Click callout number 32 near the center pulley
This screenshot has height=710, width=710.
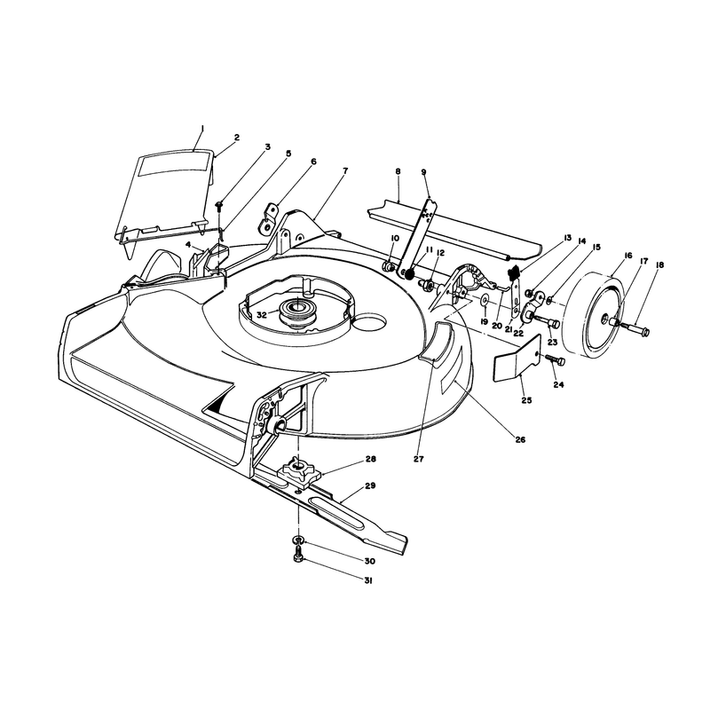262,315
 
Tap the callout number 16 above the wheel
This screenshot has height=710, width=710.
627,256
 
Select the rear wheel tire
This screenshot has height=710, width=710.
592,315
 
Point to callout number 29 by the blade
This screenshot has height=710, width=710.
370,485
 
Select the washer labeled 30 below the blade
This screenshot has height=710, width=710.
298,540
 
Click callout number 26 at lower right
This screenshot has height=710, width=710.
520,439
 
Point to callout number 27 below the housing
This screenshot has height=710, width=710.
418,459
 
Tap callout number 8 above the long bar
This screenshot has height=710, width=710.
398,171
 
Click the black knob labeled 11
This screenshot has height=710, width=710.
409,274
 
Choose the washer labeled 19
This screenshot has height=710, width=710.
485,300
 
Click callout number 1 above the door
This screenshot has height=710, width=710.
202,129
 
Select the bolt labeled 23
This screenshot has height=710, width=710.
546,322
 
